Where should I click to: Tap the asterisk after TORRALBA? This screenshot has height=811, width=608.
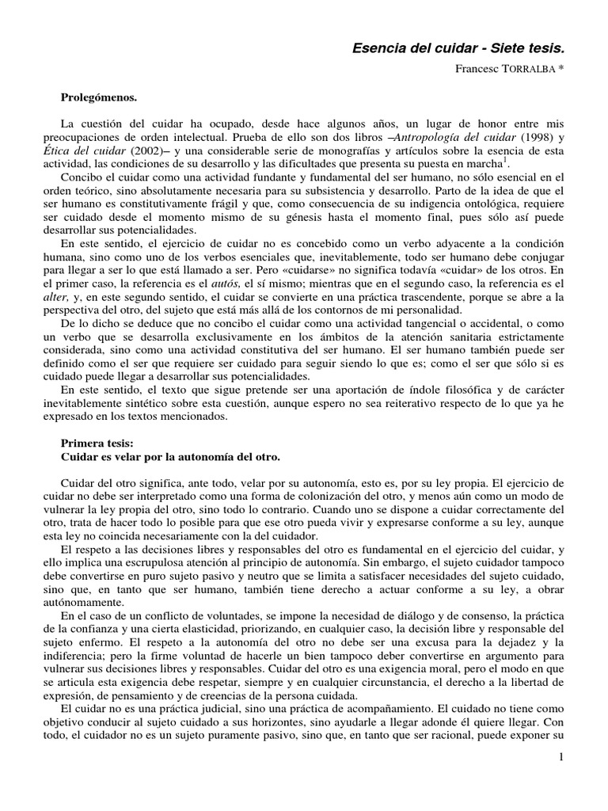563,69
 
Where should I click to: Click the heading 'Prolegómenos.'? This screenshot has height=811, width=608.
99,97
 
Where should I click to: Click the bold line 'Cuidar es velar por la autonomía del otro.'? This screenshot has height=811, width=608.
170,457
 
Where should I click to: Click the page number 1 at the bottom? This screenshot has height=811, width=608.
560,758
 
